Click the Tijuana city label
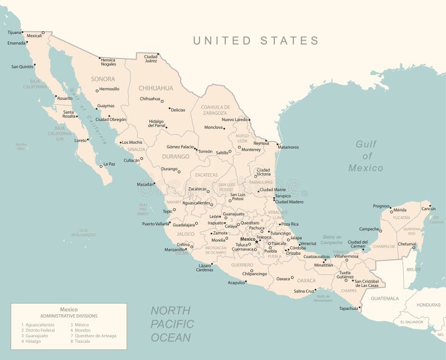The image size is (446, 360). [13, 32]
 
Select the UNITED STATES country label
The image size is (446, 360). [256, 41]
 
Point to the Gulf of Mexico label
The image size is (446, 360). [366, 155]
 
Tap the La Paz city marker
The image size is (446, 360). [101, 166]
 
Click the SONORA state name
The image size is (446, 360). [103, 79]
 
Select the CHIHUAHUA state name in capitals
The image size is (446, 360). [156, 88]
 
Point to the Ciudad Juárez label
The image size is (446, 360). [151, 59]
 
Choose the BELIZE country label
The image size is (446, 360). [413, 269]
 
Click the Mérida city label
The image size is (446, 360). [400, 210]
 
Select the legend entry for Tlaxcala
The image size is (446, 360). [82, 341]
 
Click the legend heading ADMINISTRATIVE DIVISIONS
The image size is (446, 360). [69, 316]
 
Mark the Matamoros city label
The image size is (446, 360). [288, 147]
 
